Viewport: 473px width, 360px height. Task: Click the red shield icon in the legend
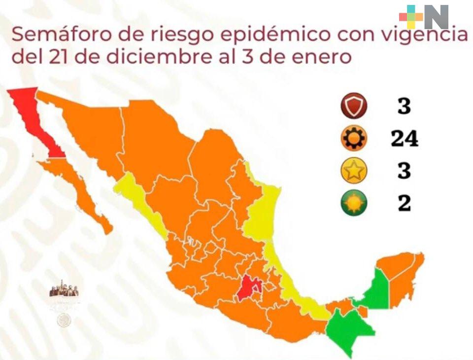click(354, 106)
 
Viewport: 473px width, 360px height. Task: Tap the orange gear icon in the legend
click(354, 139)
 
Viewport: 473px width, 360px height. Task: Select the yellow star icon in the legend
click(354, 171)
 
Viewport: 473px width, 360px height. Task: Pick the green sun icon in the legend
click(354, 203)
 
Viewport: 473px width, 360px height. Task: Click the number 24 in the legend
click(404, 139)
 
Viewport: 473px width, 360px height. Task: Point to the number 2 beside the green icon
click(404, 203)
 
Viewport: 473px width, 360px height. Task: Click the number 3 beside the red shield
click(404, 106)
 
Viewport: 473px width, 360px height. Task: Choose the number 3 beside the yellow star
click(404, 171)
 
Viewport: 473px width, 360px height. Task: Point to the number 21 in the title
click(58, 57)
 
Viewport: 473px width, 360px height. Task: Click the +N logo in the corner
click(424, 17)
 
